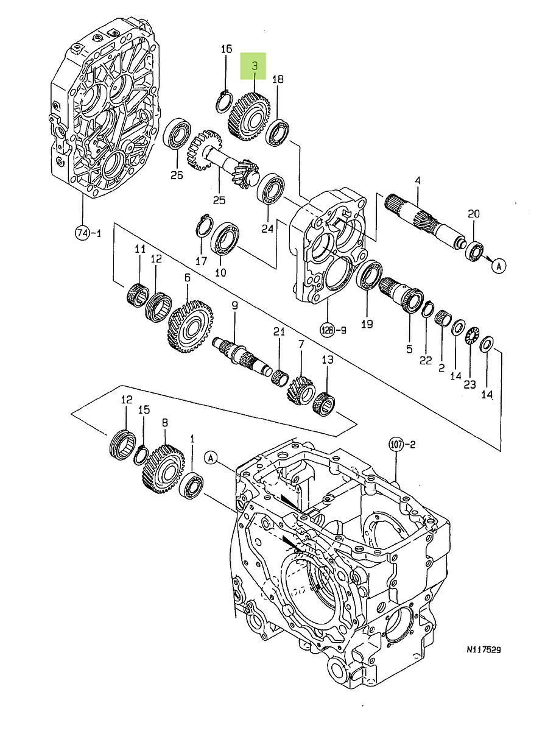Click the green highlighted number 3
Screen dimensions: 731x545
coord(255,65)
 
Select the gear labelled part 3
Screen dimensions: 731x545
coord(248,116)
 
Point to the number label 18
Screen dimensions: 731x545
coord(278,79)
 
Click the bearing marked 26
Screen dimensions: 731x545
coord(177,133)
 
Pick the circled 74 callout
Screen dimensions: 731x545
coord(82,232)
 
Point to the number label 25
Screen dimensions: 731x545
coord(219,200)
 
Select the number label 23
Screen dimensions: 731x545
coord(470,384)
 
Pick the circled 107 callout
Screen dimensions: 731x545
coord(396,445)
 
